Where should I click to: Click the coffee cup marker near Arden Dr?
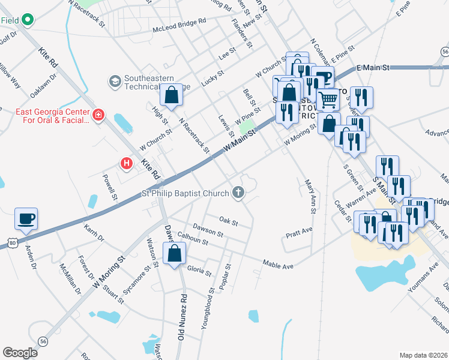(26, 218)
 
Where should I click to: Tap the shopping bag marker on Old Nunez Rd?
(174, 253)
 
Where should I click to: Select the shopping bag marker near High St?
(171, 95)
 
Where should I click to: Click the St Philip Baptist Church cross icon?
(238, 193)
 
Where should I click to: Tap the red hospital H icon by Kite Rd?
(126, 163)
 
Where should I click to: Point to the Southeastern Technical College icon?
(114, 80)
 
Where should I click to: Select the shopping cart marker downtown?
(328, 98)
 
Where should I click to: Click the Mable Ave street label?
(277, 264)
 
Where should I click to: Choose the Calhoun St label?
(193, 239)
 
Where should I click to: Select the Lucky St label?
(212, 77)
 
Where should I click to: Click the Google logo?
(20, 353)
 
